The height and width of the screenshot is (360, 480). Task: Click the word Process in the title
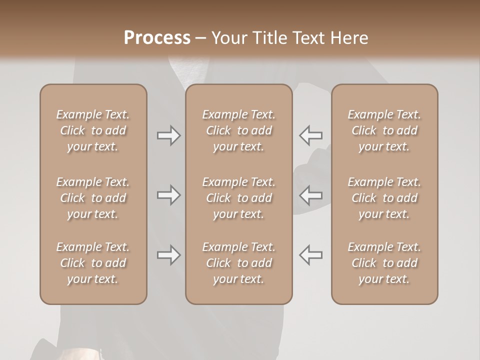(157, 38)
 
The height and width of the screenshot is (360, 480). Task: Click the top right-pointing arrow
(169, 135)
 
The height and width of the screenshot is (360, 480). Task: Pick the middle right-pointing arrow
(169, 195)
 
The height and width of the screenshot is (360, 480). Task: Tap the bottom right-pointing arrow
(169, 255)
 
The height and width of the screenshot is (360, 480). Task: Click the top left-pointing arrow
(310, 135)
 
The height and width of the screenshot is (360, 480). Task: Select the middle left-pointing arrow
(310, 195)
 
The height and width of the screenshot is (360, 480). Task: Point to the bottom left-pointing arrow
(310, 255)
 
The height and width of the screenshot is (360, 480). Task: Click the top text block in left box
(93, 130)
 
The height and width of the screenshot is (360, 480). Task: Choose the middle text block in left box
(93, 198)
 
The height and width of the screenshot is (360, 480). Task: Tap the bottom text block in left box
(93, 263)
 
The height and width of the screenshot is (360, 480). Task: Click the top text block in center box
(238, 130)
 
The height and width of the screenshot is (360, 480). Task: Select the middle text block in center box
(238, 198)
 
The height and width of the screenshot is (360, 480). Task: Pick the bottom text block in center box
(238, 263)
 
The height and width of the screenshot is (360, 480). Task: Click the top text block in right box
(384, 130)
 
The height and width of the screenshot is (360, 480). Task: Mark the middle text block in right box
(384, 198)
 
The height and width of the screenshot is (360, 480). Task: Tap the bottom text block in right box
(384, 263)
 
